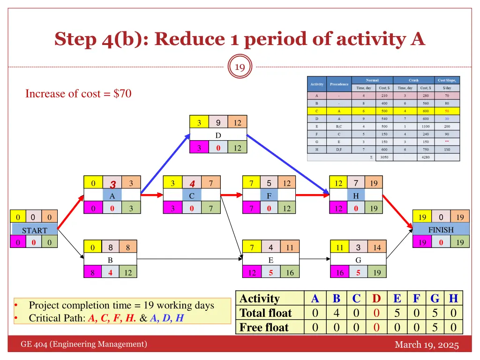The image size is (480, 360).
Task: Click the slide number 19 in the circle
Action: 240,67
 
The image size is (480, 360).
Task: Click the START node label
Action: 34,230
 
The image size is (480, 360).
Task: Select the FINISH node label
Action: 441,230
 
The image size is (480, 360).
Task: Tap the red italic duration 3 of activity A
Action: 112,184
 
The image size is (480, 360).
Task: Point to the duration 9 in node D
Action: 218,123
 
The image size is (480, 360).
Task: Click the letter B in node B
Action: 110,259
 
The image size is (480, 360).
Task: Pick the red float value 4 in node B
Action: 110,272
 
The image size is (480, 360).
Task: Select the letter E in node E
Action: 270,259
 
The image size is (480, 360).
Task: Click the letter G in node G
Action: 358,259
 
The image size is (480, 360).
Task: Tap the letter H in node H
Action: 356,196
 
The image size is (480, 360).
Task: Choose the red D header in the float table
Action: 376,299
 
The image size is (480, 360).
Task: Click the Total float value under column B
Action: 336,313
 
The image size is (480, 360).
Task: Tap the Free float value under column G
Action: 434,327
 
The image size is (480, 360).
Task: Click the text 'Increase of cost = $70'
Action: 78,94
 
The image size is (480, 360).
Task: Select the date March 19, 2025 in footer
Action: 427,345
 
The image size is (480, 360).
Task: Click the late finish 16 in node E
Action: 290,272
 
